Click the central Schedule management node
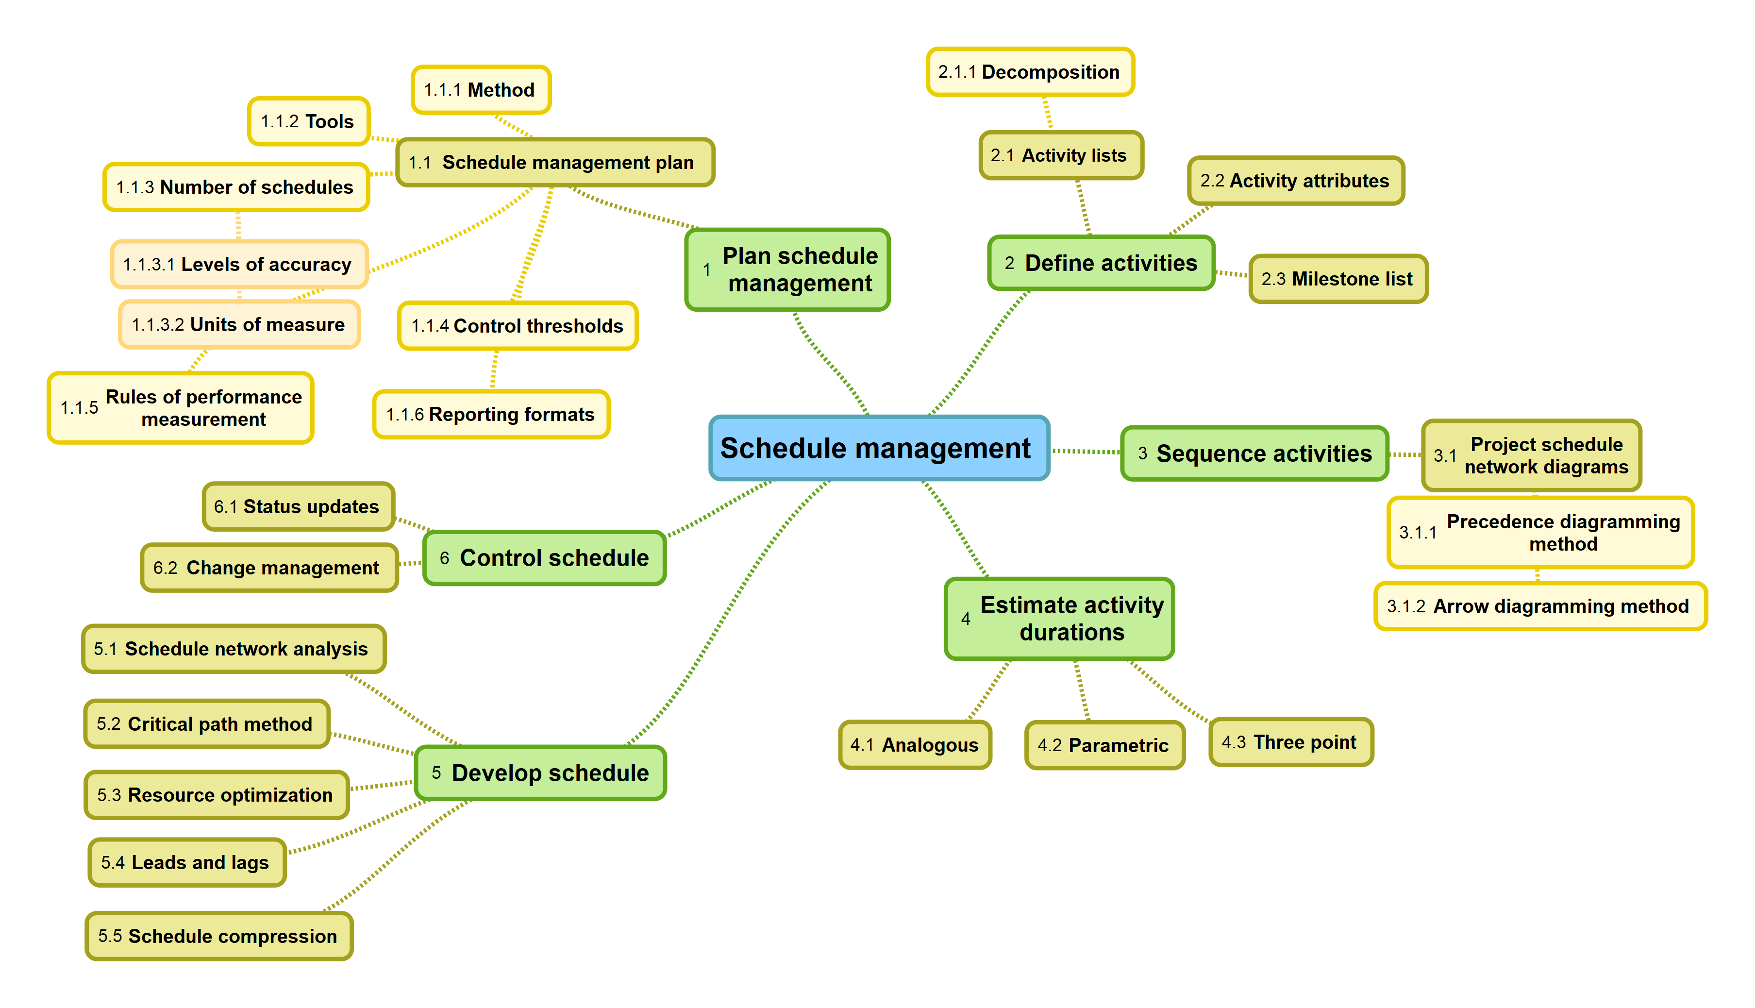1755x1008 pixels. point(878,448)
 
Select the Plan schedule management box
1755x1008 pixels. point(787,269)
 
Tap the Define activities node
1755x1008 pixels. point(1101,263)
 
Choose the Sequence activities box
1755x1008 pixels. point(1254,454)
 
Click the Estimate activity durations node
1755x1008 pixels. point(1059,618)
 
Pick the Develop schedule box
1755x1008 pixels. point(540,773)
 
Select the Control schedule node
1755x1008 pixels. point(545,558)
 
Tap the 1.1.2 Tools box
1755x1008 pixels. point(309,122)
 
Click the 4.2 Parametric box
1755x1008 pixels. point(1104,745)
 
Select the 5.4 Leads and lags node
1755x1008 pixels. point(187,863)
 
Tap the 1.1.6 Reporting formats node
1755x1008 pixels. point(491,415)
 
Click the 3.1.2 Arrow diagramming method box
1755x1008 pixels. point(1540,606)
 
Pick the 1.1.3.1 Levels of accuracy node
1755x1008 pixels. point(239,265)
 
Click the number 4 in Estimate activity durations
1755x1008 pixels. point(966,619)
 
